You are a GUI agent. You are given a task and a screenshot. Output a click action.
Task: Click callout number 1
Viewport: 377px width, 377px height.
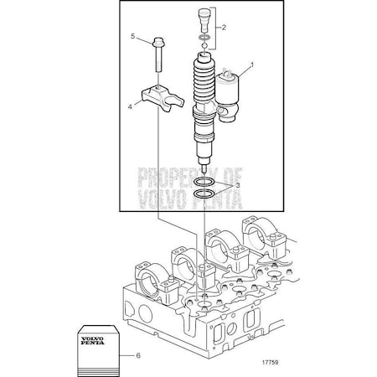(x=252, y=65)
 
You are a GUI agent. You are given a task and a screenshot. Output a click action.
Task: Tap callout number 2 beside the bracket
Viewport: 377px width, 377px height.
(x=224, y=28)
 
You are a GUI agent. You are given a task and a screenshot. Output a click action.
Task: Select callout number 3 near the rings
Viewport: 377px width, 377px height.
(x=238, y=185)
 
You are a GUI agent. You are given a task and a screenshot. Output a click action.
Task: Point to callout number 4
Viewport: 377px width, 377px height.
(x=130, y=106)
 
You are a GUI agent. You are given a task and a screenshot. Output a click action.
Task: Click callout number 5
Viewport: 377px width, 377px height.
(x=133, y=36)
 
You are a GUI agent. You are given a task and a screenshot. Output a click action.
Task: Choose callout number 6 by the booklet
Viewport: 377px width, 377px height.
(x=138, y=356)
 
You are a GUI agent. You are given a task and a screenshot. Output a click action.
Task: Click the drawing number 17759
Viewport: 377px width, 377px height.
(x=270, y=363)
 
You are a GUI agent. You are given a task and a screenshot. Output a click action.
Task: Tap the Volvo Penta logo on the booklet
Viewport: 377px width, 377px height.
(x=93, y=341)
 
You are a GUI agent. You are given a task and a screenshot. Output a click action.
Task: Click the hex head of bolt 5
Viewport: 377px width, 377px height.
(x=158, y=42)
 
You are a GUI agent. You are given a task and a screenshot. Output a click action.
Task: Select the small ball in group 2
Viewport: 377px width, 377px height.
(x=204, y=46)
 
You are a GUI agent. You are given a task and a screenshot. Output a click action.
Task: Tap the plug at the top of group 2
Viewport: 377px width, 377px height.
(x=204, y=19)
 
